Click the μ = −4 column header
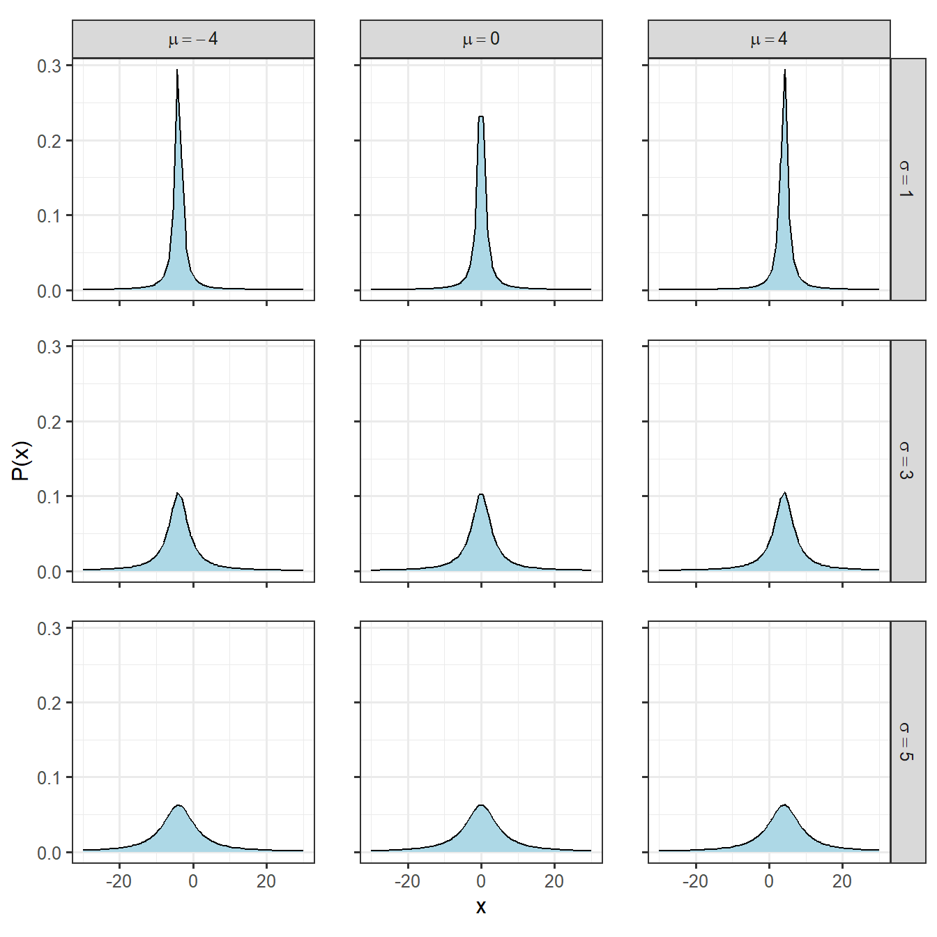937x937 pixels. (193, 39)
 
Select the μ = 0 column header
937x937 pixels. (481, 39)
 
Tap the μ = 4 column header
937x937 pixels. (769, 39)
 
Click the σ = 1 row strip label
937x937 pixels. (907, 179)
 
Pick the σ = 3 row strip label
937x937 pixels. (907, 460)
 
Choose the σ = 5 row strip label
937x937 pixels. (907, 742)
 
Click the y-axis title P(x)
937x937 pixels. (22, 461)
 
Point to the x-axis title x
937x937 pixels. (481, 907)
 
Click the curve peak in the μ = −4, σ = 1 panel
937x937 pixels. (177, 70)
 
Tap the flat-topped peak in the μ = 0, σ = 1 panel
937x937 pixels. (481, 117)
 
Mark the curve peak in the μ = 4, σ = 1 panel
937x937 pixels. (784, 70)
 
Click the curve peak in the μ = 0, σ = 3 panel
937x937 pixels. (481, 495)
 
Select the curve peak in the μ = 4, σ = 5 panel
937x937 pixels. (784, 805)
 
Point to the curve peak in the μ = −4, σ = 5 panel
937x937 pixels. (178, 806)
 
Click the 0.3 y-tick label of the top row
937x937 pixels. (49, 66)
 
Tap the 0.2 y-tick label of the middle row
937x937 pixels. (49, 422)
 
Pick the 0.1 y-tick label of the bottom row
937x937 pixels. (49, 778)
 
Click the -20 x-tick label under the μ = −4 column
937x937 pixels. (119, 882)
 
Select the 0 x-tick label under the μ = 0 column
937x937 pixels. (481, 882)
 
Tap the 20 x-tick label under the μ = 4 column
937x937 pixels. (842, 882)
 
